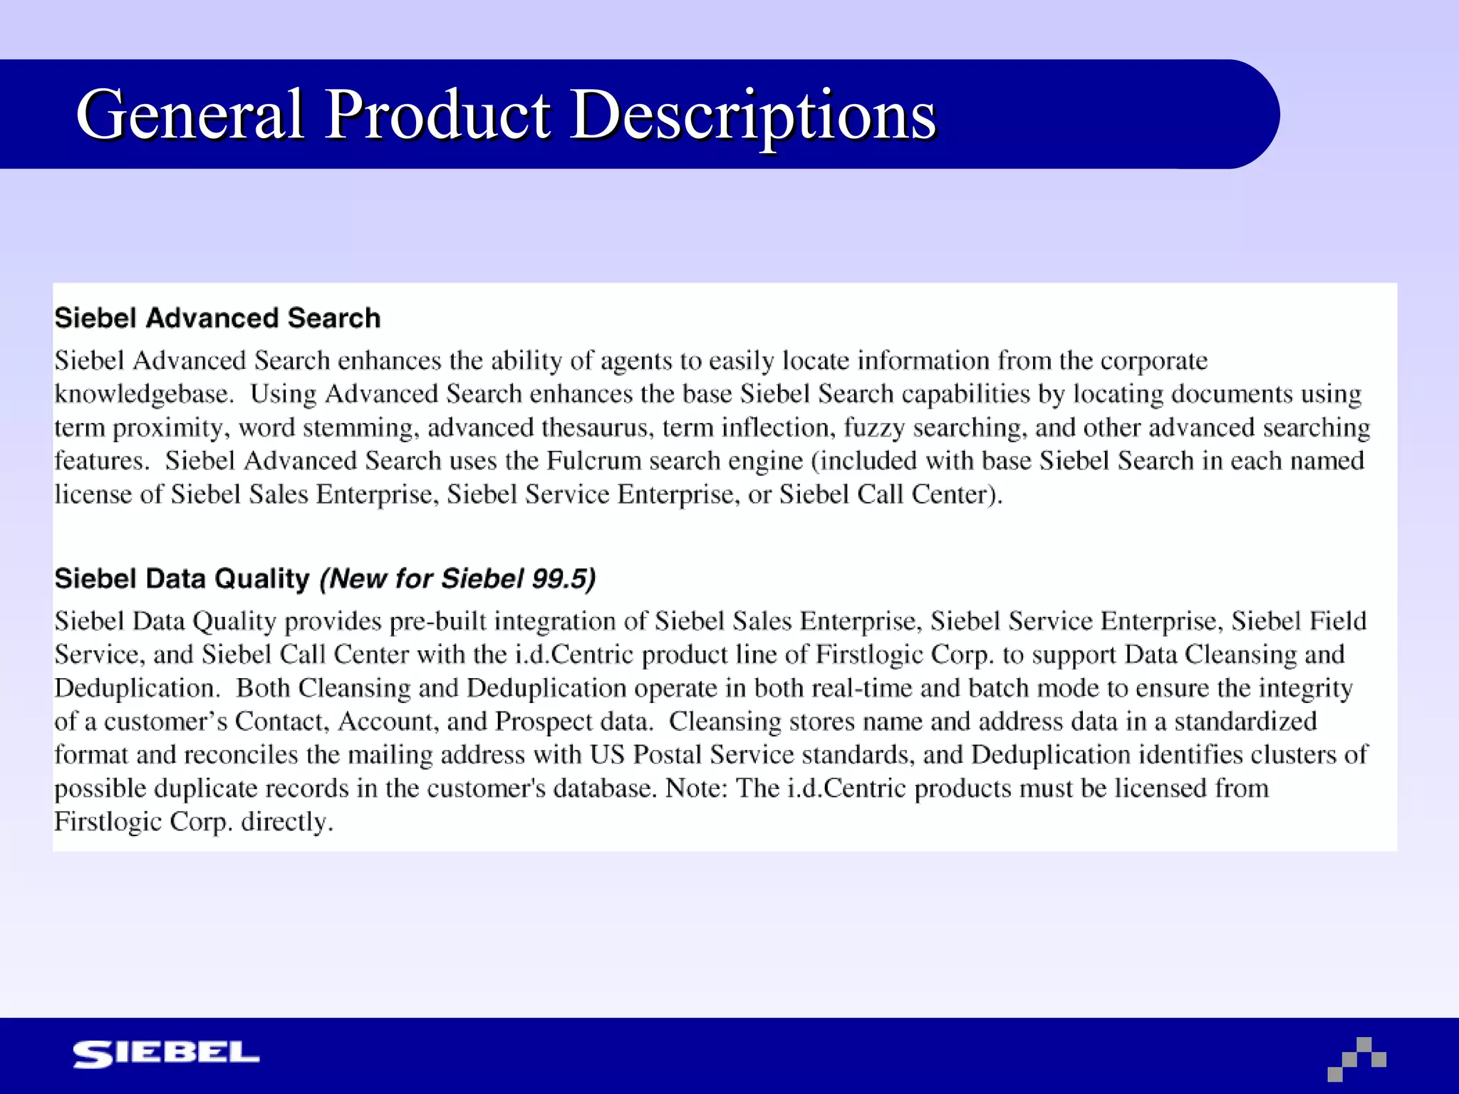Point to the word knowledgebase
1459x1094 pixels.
point(144,394)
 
